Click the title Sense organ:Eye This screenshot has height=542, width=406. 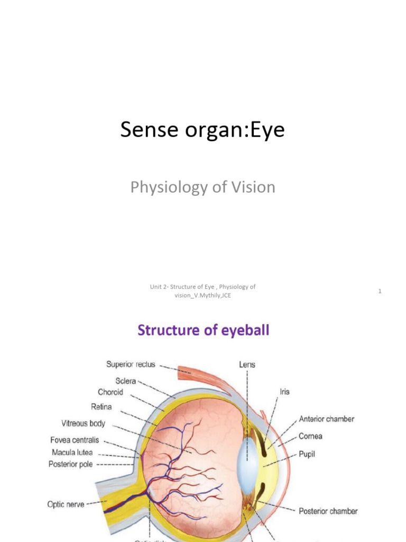[x=202, y=130]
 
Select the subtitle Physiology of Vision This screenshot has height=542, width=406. [x=203, y=187]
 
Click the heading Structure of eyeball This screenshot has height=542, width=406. [x=204, y=331]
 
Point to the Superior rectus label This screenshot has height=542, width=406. [x=131, y=364]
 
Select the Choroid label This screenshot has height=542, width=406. [x=110, y=392]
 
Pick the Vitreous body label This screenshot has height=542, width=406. [x=83, y=423]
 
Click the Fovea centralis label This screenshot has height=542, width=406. [x=75, y=440]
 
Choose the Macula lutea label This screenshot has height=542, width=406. [x=72, y=453]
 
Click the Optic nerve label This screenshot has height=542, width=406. [x=66, y=504]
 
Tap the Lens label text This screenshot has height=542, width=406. [x=246, y=365]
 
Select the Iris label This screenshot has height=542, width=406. [x=284, y=392]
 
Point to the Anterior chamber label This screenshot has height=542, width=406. [x=327, y=419]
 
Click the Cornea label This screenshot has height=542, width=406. [x=310, y=437]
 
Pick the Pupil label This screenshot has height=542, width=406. [x=307, y=454]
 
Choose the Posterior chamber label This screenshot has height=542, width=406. [x=328, y=511]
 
